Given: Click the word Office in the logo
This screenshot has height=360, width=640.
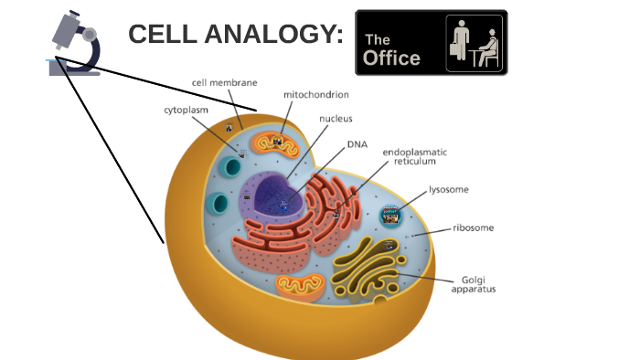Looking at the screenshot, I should [391, 58].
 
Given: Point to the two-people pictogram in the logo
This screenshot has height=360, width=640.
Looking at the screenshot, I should [473, 42].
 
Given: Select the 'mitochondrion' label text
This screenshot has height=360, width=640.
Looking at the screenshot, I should [315, 94].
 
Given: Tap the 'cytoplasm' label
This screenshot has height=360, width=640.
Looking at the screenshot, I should [186, 110].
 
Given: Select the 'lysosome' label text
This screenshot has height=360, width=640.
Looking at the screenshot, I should [449, 190].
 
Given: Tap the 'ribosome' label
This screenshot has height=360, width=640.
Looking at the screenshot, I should [473, 228].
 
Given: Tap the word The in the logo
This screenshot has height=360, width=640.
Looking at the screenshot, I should [377, 40].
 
